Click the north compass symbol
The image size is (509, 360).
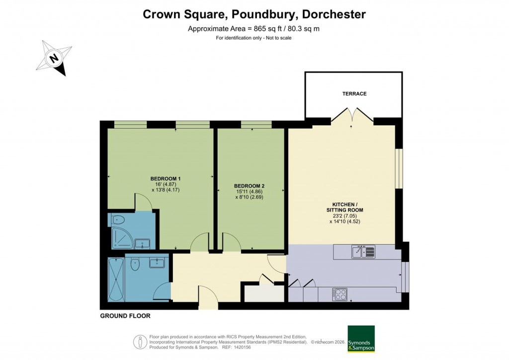pyautogui.click(x=54, y=59)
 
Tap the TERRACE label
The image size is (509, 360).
pyautogui.click(x=354, y=93)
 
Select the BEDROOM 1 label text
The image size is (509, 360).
pyautogui.click(x=166, y=179)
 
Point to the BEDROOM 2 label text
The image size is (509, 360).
pyautogui.click(x=249, y=186)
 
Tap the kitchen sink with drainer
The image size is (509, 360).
pyautogui.click(x=364, y=252)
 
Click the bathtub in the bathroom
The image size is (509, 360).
pyautogui.click(x=116, y=279)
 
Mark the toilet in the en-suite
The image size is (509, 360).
pyautogui.click(x=118, y=220)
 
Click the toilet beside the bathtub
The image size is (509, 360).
pyautogui.click(x=134, y=266)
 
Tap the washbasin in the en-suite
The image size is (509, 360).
pyautogui.click(x=145, y=244)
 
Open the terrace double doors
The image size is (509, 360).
pyautogui.click(x=352, y=116)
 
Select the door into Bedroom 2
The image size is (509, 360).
pyautogui.click(x=232, y=242)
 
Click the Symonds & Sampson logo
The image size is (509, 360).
pyautogui.click(x=361, y=339)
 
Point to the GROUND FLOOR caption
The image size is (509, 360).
pyautogui.click(x=125, y=316)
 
